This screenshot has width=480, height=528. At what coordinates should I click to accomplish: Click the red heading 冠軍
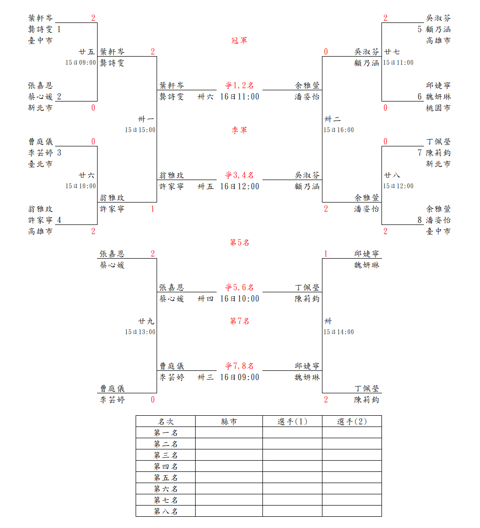pos(239,41)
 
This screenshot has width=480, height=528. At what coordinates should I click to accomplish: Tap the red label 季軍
pos(239,130)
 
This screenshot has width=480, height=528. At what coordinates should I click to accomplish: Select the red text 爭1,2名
pos(239,85)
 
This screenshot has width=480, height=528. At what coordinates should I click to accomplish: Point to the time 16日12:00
pos(240,186)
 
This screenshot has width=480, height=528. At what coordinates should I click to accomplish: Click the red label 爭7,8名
pos(239,366)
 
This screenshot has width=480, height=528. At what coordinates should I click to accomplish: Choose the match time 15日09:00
pos(81,62)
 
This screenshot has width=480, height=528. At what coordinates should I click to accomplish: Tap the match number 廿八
pos(392,175)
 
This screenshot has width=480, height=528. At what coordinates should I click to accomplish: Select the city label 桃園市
pos(438,108)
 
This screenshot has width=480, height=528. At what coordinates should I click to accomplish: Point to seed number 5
pos(420,29)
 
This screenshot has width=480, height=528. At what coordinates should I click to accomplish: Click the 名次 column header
pos(165,422)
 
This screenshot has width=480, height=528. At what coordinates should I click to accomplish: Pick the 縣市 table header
pos(229,422)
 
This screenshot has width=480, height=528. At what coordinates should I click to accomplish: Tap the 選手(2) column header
pos(352,422)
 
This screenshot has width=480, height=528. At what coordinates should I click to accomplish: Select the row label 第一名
pos(165,433)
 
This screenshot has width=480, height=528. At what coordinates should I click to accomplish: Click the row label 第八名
pos(165,511)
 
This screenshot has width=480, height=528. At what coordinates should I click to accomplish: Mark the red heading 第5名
pos(239,243)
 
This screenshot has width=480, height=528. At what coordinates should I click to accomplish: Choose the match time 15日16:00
pos(339,130)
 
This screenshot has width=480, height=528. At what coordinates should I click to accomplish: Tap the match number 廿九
pos(146,321)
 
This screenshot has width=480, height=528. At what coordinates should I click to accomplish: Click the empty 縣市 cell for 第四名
pos(229,467)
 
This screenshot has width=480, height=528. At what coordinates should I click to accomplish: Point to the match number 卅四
pos(205,299)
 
